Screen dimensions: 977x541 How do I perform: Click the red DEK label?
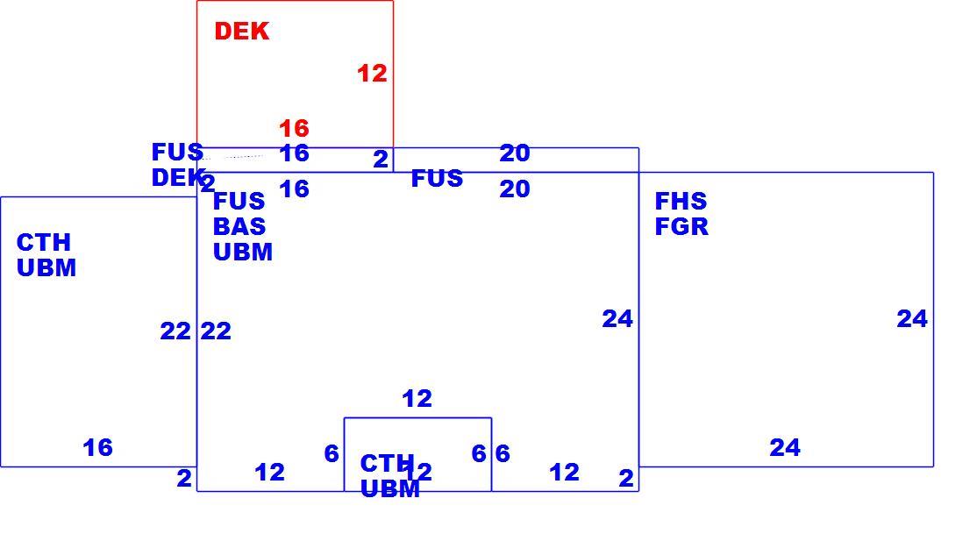point(242,32)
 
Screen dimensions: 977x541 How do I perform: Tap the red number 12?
point(372,74)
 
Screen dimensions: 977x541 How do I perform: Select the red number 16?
point(294,128)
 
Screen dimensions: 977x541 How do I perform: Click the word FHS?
point(681,202)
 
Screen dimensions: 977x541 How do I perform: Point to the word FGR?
point(681,227)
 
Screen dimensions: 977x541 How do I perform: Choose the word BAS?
point(239,227)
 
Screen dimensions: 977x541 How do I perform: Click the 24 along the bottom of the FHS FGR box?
point(785,447)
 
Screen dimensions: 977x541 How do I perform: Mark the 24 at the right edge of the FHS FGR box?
point(912,319)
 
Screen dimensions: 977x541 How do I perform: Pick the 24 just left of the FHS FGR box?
point(617,319)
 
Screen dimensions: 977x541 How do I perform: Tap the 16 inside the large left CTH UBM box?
point(98,447)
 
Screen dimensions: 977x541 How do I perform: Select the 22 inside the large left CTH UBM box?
point(175,331)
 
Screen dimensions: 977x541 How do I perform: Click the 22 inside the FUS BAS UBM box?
point(216,331)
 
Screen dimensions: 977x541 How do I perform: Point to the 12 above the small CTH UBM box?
point(417,399)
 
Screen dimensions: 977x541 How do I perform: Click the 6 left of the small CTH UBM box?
point(332,453)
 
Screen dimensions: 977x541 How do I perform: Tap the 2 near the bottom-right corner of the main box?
point(626,479)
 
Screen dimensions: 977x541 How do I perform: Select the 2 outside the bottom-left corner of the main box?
point(184,479)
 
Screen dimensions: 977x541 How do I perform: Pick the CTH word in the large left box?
point(44,243)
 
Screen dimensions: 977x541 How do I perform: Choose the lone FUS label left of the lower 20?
point(437,179)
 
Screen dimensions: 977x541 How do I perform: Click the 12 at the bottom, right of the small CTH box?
point(565,473)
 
